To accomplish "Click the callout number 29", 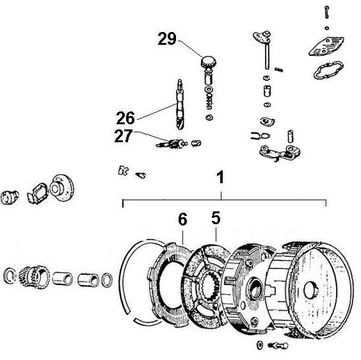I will (x=167, y=40).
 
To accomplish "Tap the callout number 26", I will (x=125, y=118).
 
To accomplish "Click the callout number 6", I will (x=183, y=219).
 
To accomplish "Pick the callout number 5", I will (x=216, y=218).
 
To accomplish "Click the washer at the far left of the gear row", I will (x=10, y=276).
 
